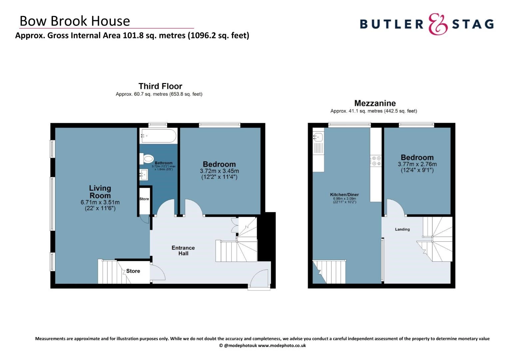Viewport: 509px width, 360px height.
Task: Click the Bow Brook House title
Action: (75, 21)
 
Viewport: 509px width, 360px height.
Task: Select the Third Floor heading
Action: (160, 86)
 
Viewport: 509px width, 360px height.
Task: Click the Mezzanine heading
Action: (375, 103)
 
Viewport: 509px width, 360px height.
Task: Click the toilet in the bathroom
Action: (147, 159)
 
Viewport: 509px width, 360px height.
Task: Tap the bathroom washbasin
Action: (144, 174)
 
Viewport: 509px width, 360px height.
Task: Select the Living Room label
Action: (100, 192)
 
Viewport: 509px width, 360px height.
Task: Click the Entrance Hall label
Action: (183, 250)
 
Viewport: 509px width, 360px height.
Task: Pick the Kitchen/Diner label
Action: (344, 195)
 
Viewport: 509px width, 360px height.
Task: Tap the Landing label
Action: (402, 229)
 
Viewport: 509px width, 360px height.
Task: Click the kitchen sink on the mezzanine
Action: (318, 136)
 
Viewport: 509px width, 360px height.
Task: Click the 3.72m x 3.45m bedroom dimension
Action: (219, 171)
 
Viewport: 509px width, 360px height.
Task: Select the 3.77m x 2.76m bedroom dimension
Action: (417, 164)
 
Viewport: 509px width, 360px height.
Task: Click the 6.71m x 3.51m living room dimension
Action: (100, 202)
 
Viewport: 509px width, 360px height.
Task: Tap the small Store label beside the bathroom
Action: (144, 199)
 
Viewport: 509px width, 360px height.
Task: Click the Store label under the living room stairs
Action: (133, 271)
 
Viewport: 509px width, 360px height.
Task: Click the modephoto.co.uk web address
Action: (282, 346)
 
